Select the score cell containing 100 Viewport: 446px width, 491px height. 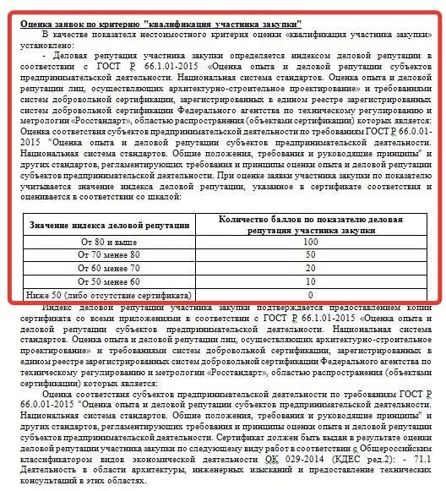click(310, 241)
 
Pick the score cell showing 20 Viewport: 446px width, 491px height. click(310, 268)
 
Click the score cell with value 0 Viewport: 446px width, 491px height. click(310, 295)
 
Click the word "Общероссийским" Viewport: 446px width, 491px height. click(387, 442)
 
